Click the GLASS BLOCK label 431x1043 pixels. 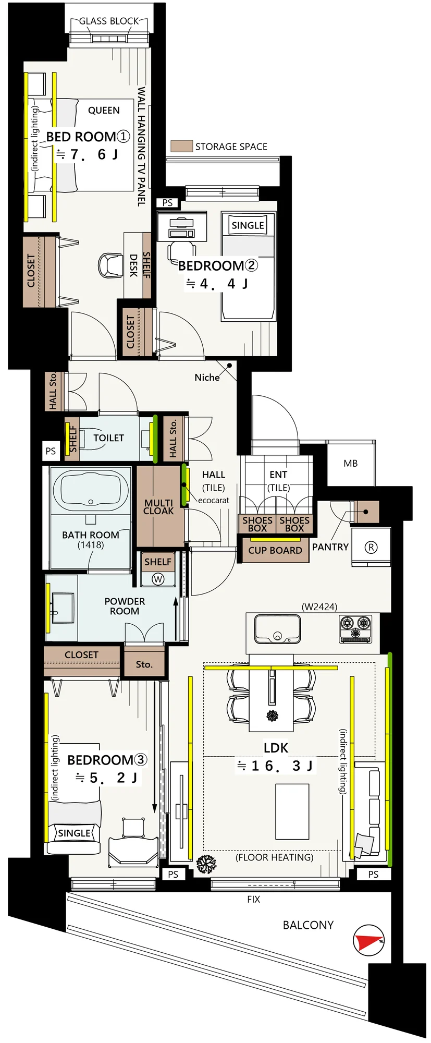[x=109, y=21]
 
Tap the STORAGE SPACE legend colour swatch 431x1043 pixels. [x=181, y=146]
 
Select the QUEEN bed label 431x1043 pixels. [x=104, y=111]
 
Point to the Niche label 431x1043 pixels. [x=207, y=378]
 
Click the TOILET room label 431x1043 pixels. [x=108, y=438]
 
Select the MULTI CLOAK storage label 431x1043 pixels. [x=158, y=507]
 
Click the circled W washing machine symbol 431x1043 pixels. [x=158, y=579]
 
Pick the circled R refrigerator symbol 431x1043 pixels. [x=371, y=547]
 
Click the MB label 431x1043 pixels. [x=351, y=463]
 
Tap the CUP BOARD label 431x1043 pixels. [x=275, y=551]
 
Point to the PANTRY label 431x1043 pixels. [x=330, y=547]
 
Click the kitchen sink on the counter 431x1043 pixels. [x=277, y=629]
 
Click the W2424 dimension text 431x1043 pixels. [x=319, y=607]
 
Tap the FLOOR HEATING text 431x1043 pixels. [x=275, y=857]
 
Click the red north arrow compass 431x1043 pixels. [x=368, y=940]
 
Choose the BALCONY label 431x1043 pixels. [x=308, y=925]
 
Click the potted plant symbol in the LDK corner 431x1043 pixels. [x=206, y=864]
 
